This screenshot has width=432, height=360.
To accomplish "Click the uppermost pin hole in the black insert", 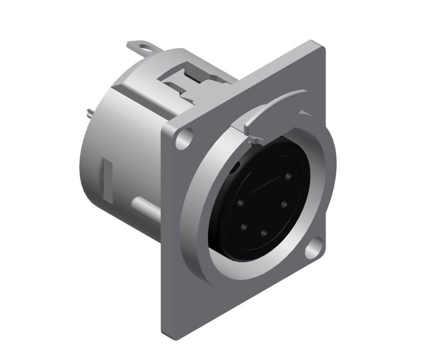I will click(x=288, y=176).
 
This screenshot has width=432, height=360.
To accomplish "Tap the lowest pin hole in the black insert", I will click(x=264, y=234).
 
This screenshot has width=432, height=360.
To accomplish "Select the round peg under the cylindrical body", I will click(x=143, y=207).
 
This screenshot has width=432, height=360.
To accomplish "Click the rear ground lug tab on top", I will click(x=139, y=46).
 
